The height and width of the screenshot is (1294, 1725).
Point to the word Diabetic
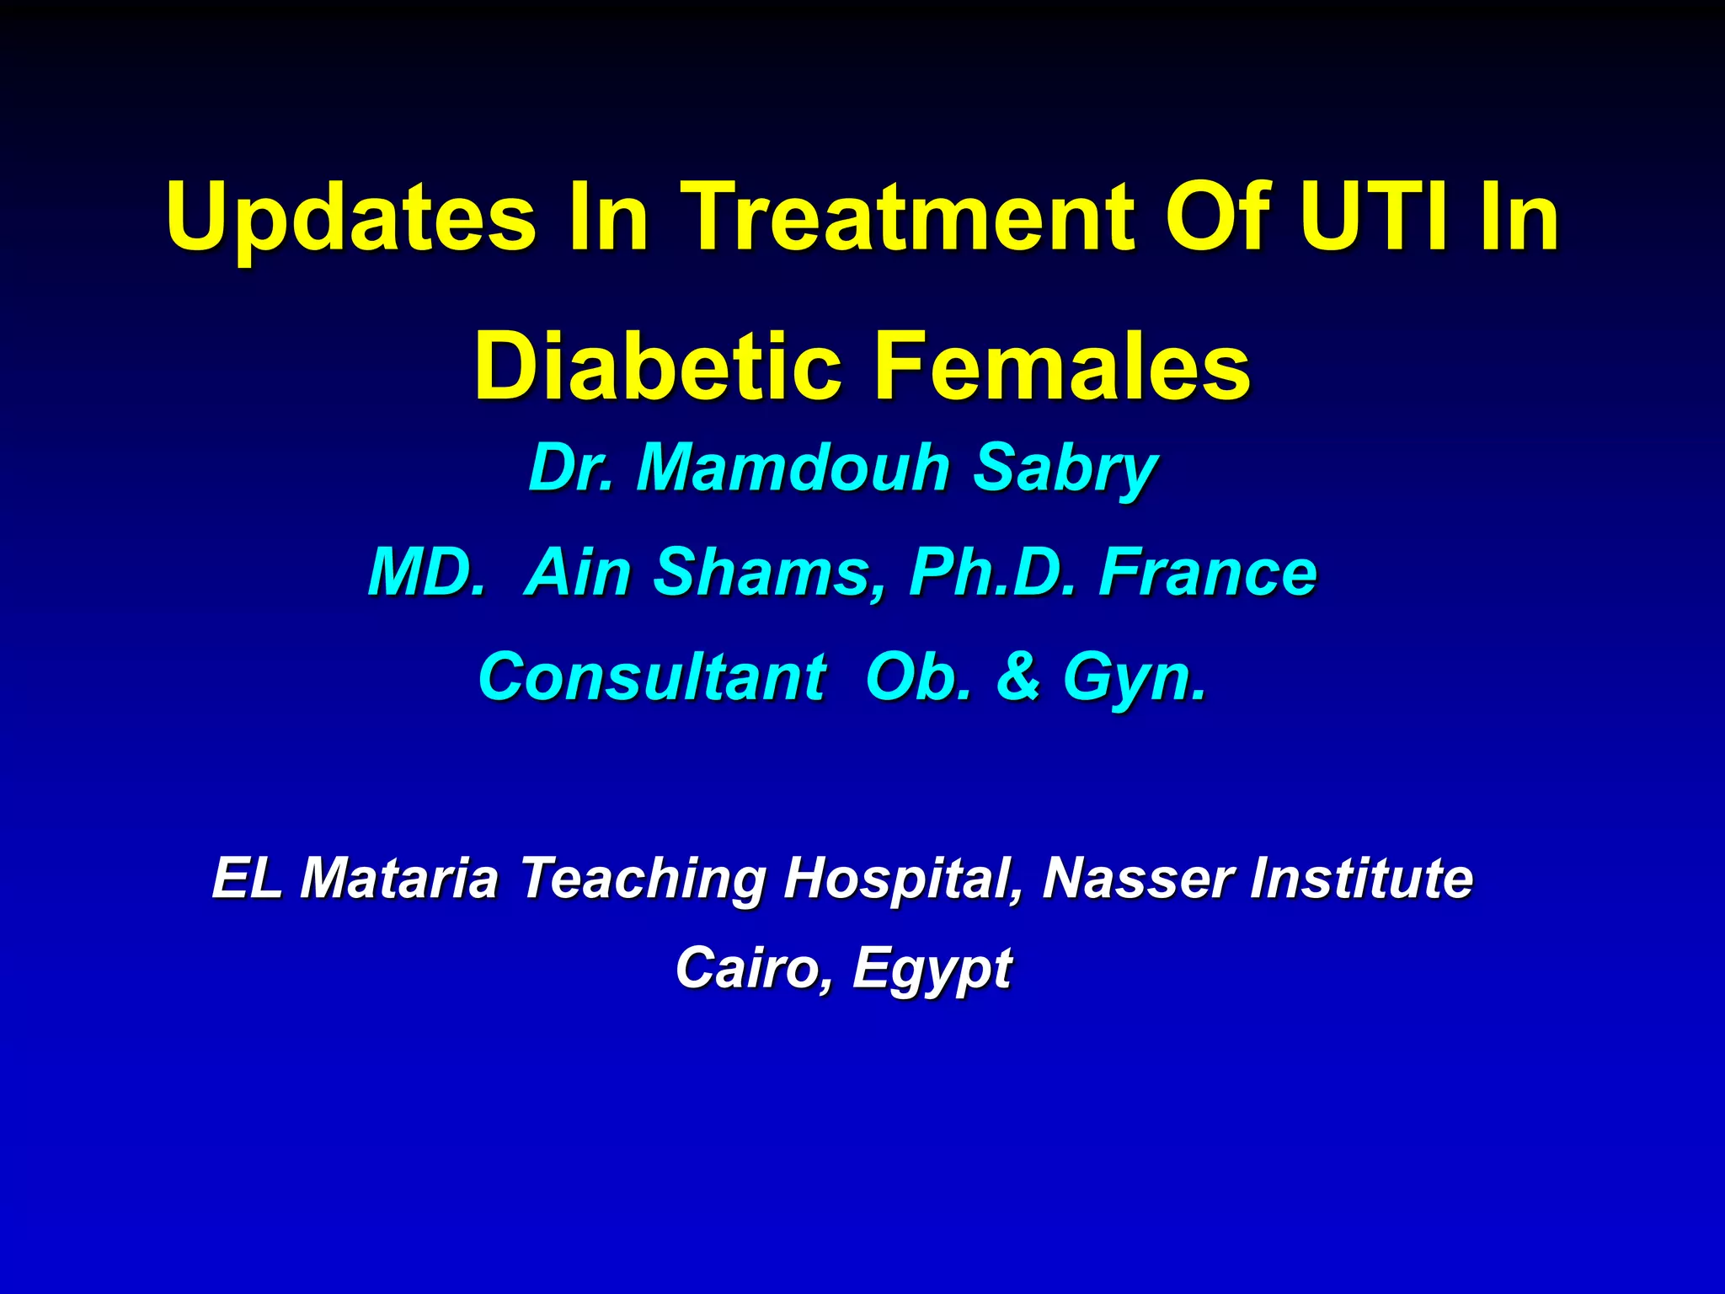(x=658, y=366)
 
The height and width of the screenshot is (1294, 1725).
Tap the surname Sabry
(x=1065, y=469)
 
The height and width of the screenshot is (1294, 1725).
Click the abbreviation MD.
(x=426, y=572)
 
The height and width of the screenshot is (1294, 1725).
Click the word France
(x=1208, y=572)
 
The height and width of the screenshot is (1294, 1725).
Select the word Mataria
(x=399, y=878)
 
